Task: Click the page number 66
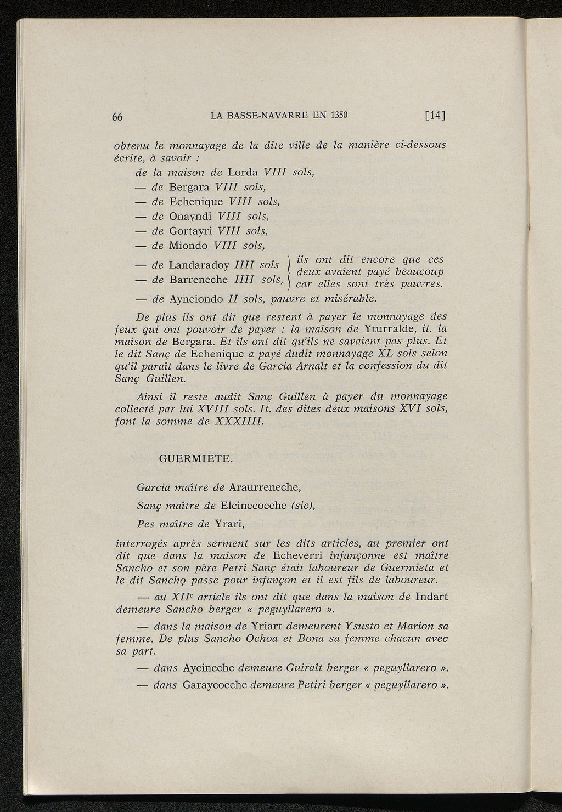coord(117,116)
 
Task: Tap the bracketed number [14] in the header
coord(435,115)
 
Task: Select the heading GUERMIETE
coord(195,459)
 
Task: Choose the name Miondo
coord(188,245)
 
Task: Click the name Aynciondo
coord(196,299)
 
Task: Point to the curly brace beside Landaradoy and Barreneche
coord(289,271)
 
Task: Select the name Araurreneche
coord(264,487)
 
